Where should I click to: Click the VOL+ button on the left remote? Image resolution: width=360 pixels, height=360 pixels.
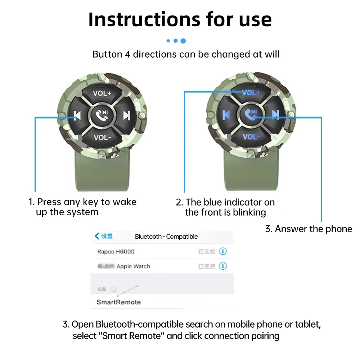(x=102, y=93)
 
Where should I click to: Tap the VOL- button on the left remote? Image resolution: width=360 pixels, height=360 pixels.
(x=102, y=137)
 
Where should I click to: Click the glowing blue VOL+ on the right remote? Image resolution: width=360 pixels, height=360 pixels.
(x=251, y=93)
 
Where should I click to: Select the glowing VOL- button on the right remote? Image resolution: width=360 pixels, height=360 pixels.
(x=251, y=137)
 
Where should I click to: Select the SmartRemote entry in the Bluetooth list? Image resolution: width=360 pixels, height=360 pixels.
(x=118, y=302)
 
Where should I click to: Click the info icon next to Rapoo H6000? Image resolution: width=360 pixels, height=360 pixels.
(x=223, y=251)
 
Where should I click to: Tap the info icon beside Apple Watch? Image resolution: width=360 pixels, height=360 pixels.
(x=223, y=266)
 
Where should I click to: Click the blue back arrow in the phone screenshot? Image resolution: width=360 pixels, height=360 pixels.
(x=96, y=236)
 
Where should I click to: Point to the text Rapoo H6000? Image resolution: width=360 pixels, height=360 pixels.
(x=116, y=252)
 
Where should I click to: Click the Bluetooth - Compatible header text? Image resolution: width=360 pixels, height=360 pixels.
(x=166, y=237)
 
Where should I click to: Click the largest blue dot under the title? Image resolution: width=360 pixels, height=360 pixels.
(x=183, y=41)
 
